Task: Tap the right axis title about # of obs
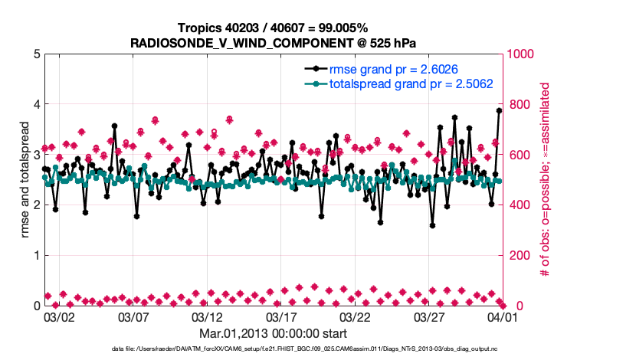(546, 179)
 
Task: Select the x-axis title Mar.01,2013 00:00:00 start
(273, 333)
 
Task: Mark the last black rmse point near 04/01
(499, 110)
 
